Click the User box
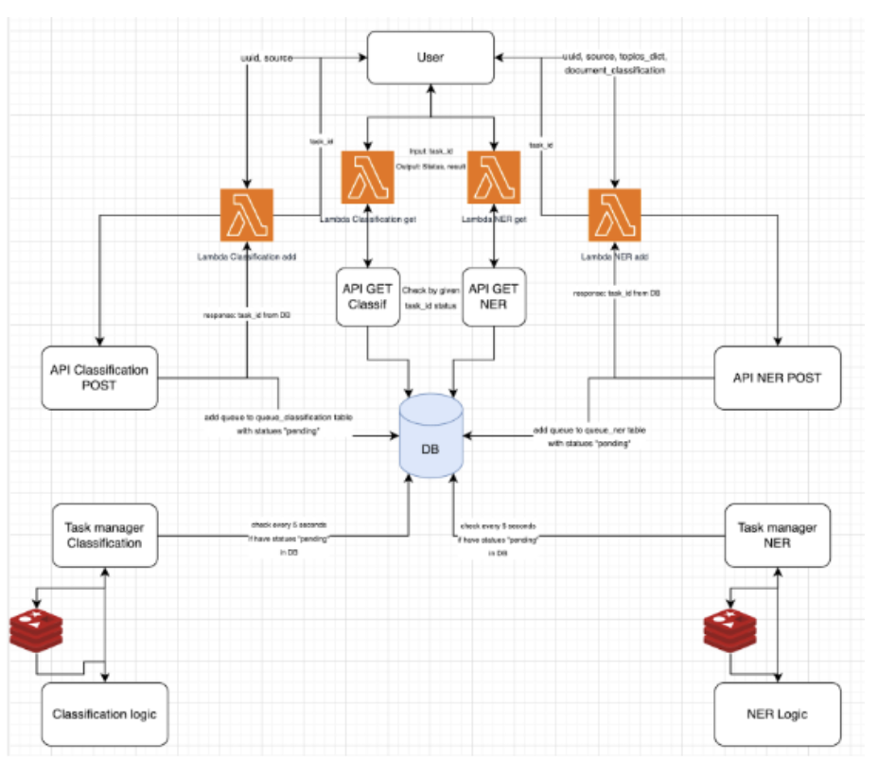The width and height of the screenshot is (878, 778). [x=430, y=57]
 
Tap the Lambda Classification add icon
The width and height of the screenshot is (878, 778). [x=247, y=215]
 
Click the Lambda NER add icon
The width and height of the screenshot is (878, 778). [x=615, y=215]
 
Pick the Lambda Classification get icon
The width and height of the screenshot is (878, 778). [x=367, y=177]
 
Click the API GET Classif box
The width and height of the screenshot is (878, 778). [x=367, y=296]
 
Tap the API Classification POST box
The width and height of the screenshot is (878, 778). [x=99, y=377]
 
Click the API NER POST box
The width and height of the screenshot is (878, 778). [x=777, y=377]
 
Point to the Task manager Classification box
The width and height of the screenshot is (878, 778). [x=103, y=535]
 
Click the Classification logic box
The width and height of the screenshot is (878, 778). [x=104, y=713]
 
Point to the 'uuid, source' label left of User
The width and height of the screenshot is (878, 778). [x=266, y=58]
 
